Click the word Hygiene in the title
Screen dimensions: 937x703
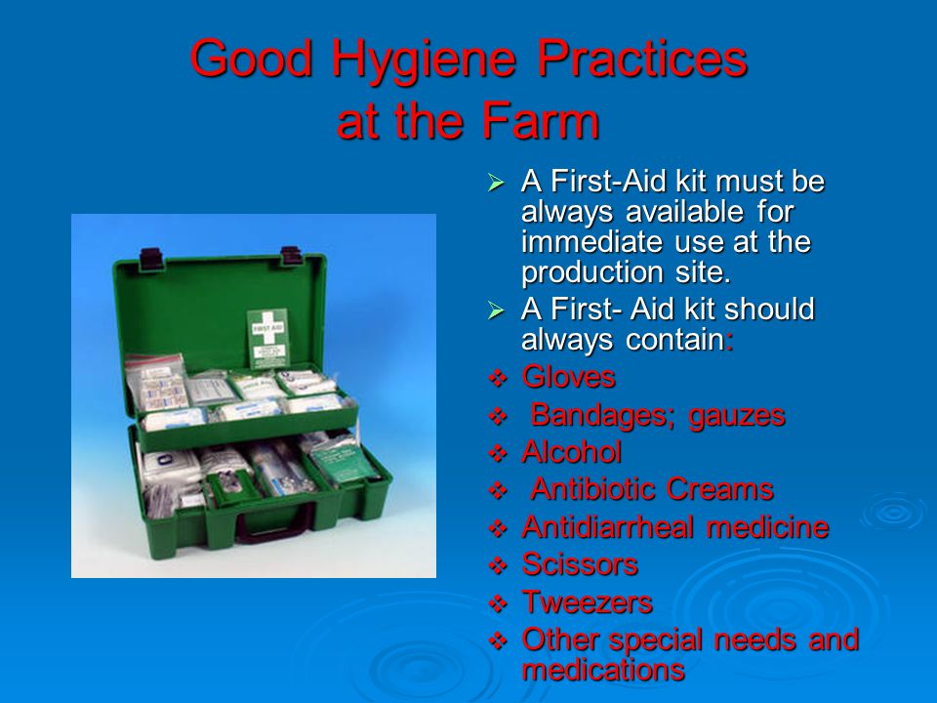click(424, 61)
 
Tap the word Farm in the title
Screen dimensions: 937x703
click(541, 121)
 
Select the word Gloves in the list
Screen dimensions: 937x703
click(568, 377)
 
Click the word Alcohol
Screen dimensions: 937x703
click(571, 452)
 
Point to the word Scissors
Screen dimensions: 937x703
click(580, 564)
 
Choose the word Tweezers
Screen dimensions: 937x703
click(587, 602)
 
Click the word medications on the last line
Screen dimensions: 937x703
click(603, 670)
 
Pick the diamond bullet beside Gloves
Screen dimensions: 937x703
click(498, 379)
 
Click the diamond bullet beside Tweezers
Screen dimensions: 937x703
click(498, 603)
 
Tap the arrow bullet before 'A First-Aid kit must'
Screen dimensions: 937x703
click(496, 183)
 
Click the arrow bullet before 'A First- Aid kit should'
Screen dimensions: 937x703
click(496, 310)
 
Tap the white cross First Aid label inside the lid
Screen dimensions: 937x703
click(267, 339)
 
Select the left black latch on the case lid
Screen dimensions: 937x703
click(150, 258)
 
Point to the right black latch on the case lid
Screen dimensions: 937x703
click(291, 255)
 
